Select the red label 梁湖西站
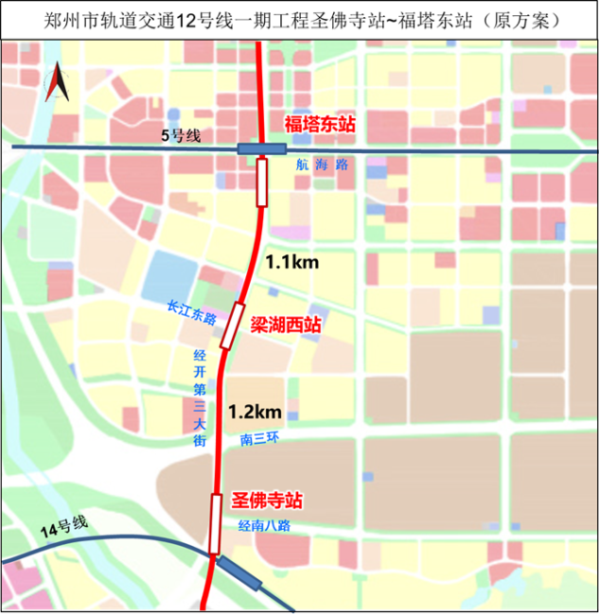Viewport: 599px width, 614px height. (285, 325)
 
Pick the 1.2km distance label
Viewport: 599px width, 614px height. (255, 412)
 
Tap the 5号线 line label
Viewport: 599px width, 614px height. (181, 136)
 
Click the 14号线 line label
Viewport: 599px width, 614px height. (63, 528)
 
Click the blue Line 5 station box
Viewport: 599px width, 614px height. (261, 149)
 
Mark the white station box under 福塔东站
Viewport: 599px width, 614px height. (262, 183)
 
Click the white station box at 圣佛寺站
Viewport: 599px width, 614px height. (216, 523)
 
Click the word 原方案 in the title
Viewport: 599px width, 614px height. (533, 19)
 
